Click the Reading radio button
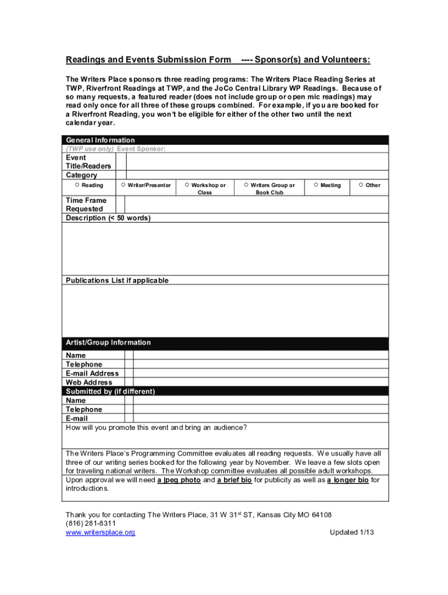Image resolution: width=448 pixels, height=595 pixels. click(x=77, y=185)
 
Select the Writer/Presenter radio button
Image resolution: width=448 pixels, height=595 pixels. click(x=123, y=185)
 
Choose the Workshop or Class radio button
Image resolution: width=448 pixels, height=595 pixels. click(x=187, y=185)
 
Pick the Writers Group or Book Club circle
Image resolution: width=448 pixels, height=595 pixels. click(x=246, y=185)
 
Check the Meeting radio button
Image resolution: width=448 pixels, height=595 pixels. click(x=316, y=185)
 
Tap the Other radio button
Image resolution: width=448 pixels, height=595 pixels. click(x=361, y=185)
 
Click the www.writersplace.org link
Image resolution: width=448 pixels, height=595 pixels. click(x=100, y=532)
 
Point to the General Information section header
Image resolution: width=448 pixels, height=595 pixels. click(x=101, y=140)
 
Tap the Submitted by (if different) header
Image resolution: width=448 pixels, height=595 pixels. click(x=111, y=392)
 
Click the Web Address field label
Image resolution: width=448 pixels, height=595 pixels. click(x=89, y=382)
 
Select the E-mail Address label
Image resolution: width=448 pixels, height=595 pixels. click(x=93, y=373)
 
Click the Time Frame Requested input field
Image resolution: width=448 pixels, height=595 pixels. click(x=256, y=205)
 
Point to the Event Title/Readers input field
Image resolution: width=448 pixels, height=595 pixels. click(x=256, y=162)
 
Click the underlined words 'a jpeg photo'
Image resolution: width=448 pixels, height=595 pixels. click(x=179, y=480)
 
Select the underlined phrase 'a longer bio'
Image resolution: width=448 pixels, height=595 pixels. click(x=347, y=480)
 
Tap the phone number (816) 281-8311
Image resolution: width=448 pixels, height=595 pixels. click(x=87, y=524)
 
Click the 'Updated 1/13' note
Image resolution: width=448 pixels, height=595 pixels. click(x=351, y=532)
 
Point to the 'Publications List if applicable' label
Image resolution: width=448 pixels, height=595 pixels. click(x=118, y=280)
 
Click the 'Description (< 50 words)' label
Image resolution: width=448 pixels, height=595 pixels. click(x=108, y=218)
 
